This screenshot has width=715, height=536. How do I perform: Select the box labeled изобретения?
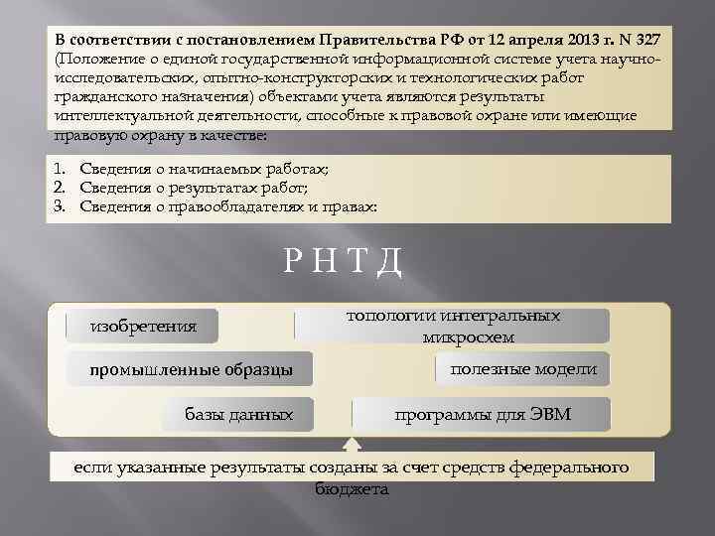pyautogui.click(x=144, y=326)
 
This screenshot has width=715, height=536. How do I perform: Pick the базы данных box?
pyautogui.click(x=239, y=413)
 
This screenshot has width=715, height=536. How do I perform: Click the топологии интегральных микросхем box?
pyautogui.click(x=467, y=326)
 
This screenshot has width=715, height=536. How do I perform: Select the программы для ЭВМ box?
pyautogui.click(x=483, y=413)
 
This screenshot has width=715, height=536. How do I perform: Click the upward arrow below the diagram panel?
pyautogui.click(x=354, y=445)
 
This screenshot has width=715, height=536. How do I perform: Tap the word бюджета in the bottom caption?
pyautogui.click(x=352, y=489)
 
